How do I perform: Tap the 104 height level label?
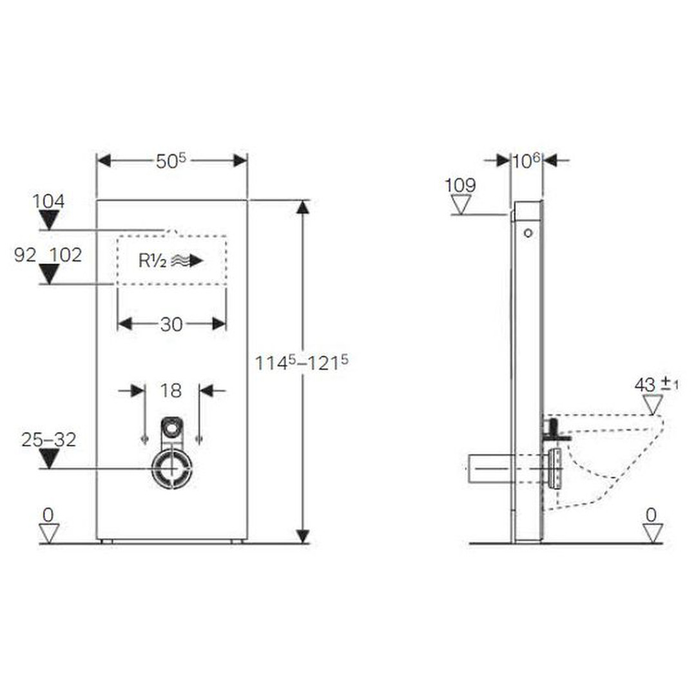(48, 201)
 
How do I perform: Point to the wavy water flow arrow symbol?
(187, 260)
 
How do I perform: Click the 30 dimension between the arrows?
(171, 324)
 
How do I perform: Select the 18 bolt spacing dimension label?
(171, 391)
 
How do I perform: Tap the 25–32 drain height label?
(49, 440)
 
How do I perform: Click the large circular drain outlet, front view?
(172, 469)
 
